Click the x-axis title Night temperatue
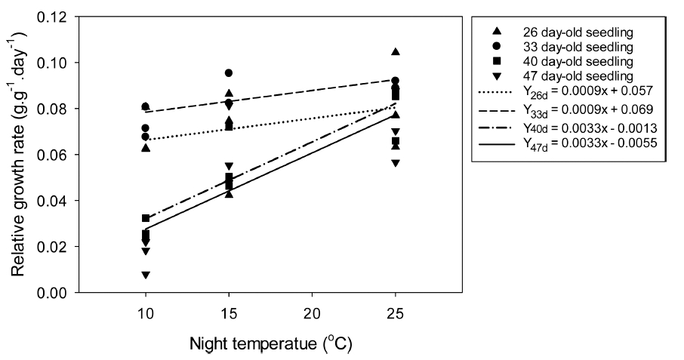tap(270, 343)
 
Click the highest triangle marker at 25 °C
tap(396, 51)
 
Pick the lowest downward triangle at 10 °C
tap(146, 275)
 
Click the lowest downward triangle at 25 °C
tap(396, 163)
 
